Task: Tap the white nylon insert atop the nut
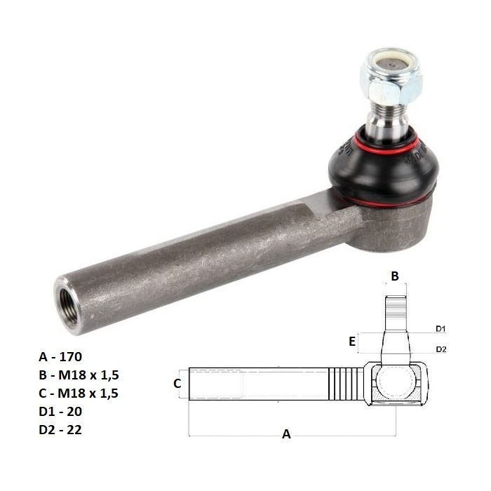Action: [x=392, y=65]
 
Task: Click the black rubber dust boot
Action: [x=383, y=169]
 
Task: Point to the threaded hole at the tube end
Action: [x=68, y=306]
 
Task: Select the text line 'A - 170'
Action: [x=60, y=356]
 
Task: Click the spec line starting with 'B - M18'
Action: [x=79, y=375]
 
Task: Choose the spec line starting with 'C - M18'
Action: [x=79, y=393]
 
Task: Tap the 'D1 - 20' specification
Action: [x=60, y=411]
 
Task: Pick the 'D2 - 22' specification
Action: [x=60, y=429]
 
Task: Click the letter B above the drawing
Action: [x=395, y=276]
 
